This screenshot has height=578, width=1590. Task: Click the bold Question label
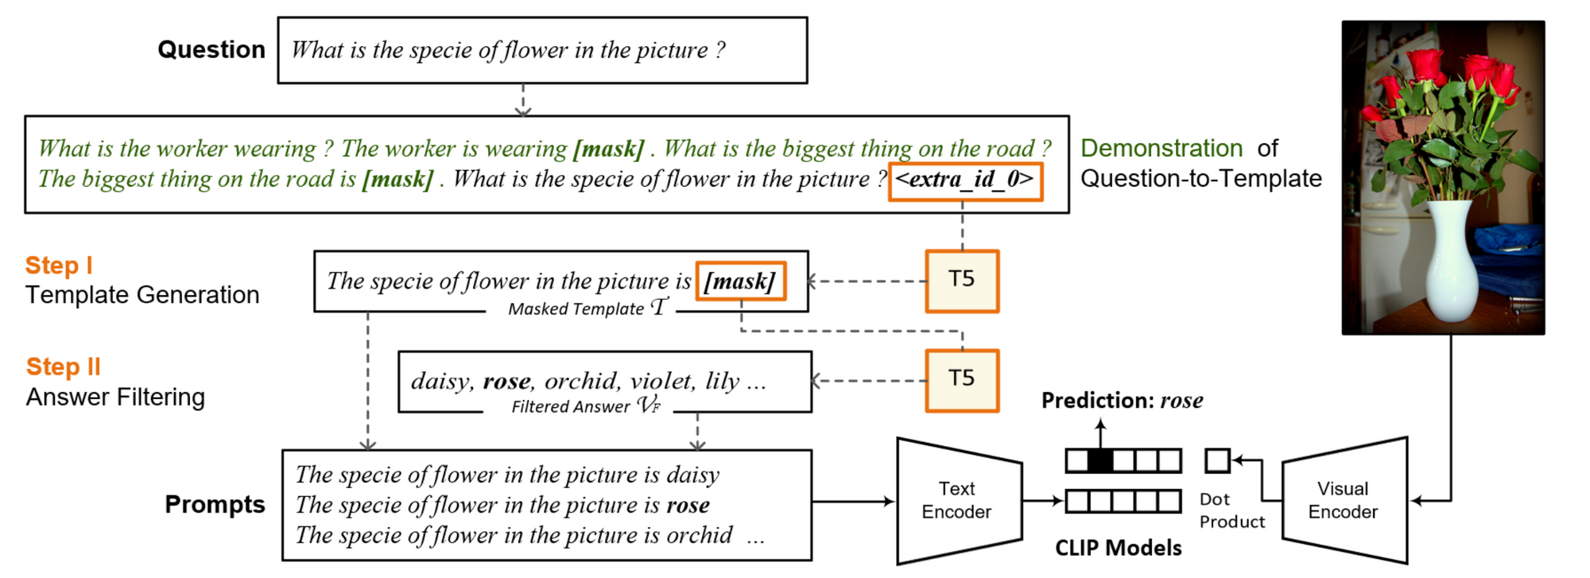[x=211, y=49]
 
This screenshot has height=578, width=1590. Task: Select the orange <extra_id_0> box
[x=965, y=180]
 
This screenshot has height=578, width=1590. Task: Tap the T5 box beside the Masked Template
[x=962, y=281]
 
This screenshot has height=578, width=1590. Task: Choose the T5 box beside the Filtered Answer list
[x=962, y=380]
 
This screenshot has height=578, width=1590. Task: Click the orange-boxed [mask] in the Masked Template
[x=740, y=281]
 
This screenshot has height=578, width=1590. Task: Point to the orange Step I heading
[x=59, y=266]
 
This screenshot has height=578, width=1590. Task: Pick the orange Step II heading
[x=64, y=367]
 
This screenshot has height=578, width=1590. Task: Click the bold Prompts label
[x=215, y=504]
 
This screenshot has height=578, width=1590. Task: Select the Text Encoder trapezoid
[x=959, y=500]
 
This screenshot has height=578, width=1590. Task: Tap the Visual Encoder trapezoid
[x=1344, y=500]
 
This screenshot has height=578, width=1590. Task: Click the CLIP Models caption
[x=1118, y=548]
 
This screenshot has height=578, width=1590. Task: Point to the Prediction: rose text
[x=1122, y=401]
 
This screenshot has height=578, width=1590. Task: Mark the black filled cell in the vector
[x=1099, y=460]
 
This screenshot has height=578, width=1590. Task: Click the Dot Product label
[x=1231, y=510]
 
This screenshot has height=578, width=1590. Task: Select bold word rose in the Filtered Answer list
[x=506, y=382]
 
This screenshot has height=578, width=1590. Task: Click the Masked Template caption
[x=588, y=308]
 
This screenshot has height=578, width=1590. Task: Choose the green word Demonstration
[x=1161, y=149]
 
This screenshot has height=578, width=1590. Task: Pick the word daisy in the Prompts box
[x=692, y=475]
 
